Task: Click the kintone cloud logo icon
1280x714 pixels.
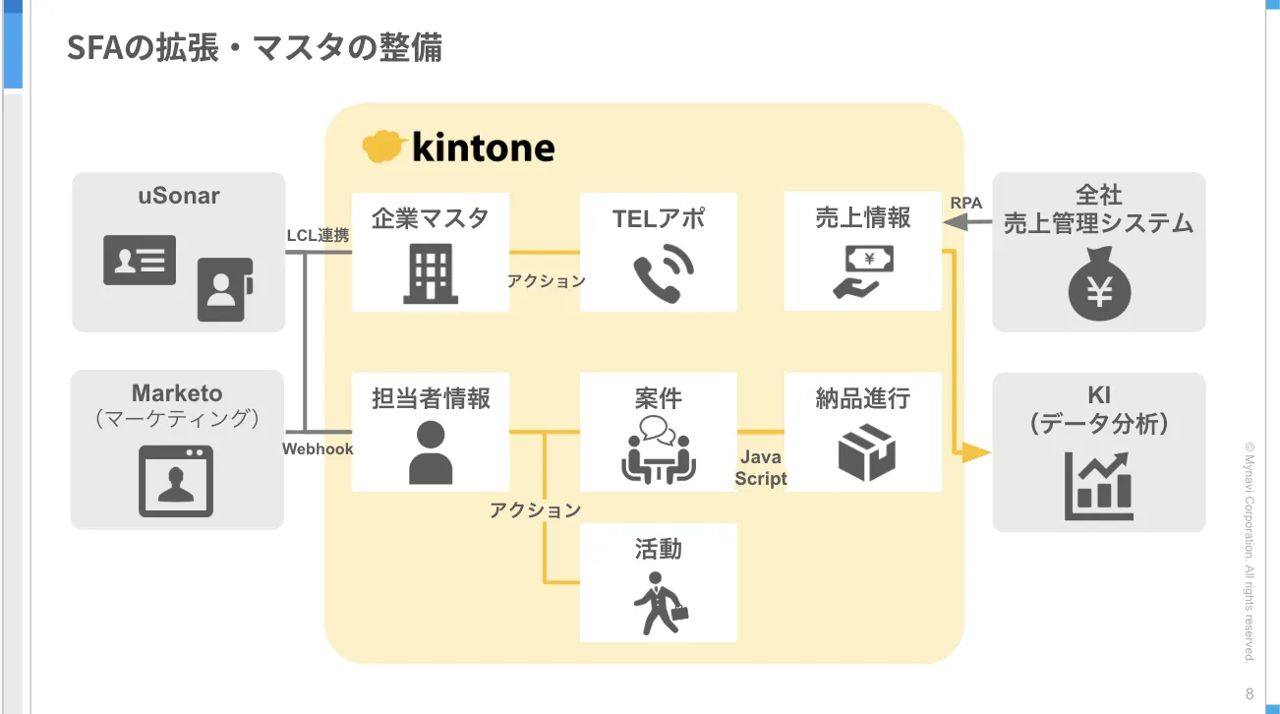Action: [384, 147]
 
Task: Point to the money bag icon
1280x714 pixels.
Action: [1099, 285]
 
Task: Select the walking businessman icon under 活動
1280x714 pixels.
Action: [659, 601]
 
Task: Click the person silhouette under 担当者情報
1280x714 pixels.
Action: [430, 451]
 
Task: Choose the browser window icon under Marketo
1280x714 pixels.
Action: [176, 481]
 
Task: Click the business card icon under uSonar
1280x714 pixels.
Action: [140, 260]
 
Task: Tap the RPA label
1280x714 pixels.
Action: [966, 204]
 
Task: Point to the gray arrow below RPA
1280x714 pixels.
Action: [967, 224]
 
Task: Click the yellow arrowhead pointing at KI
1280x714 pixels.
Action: [975, 452]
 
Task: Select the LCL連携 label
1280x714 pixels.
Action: [318, 236]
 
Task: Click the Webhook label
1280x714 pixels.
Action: [318, 448]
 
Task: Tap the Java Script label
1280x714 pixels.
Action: [761, 468]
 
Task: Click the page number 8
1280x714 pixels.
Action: [1250, 692]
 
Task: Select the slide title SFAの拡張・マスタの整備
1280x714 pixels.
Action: [255, 47]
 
